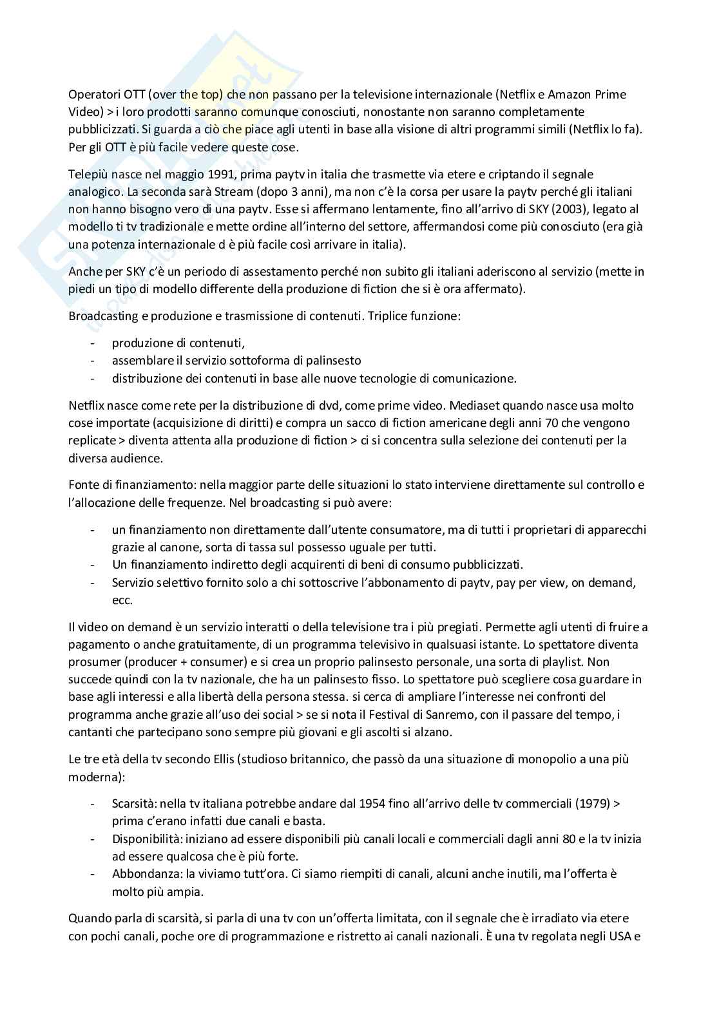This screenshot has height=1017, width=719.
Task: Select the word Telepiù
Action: pos(88,174)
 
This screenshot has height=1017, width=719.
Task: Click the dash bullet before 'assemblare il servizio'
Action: pos(93,361)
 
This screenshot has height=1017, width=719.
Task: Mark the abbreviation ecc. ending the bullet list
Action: pos(122,600)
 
